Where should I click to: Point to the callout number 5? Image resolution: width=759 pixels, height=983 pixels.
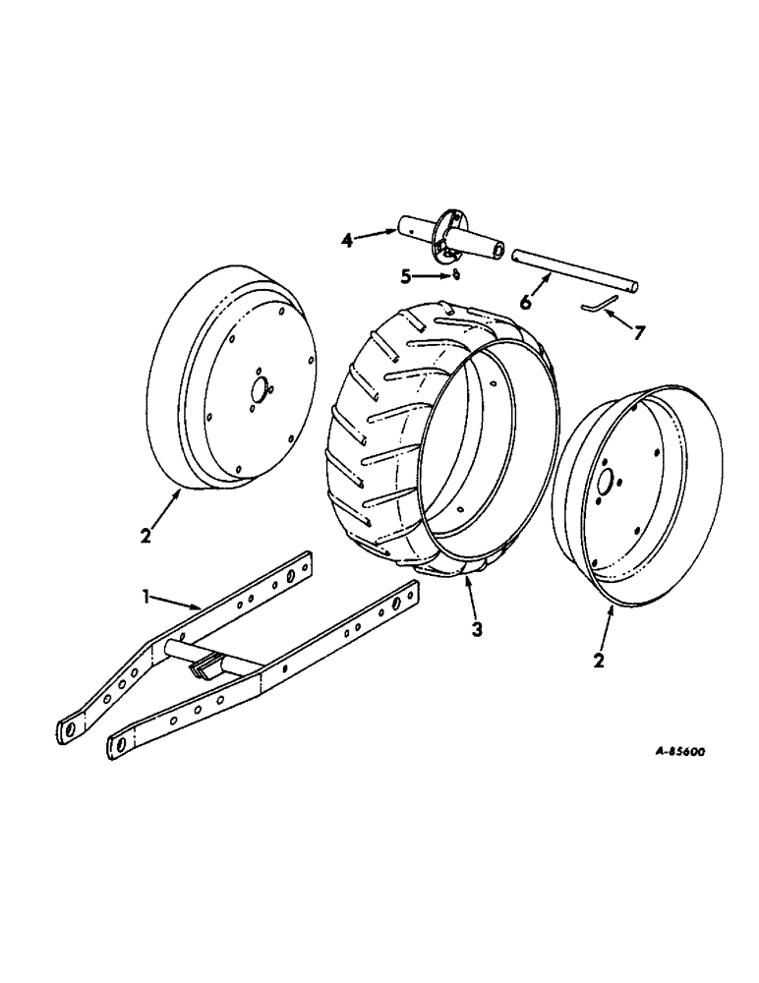(x=404, y=277)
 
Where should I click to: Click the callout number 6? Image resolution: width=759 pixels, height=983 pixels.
(x=526, y=303)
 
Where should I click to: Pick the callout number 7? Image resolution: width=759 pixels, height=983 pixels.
(x=640, y=332)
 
